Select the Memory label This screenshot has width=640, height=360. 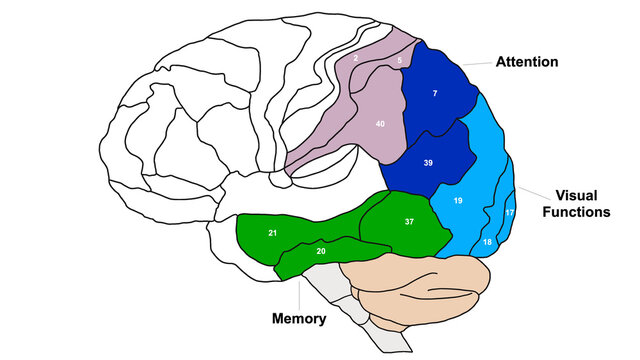tap(299, 319)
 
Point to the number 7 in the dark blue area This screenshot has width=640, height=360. tap(435, 93)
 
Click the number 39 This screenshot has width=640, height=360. tap(428, 162)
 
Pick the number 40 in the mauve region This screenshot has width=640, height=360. tap(380, 124)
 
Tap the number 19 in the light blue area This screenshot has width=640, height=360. tap(458, 201)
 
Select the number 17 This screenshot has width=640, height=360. tap(509, 213)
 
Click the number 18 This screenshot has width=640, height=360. tap(487, 243)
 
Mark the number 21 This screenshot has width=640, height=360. tap(272, 233)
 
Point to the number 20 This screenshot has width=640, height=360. tap(321, 251)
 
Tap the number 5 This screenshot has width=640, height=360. tap(400, 61)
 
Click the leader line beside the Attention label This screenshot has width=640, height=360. tap(480, 62)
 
